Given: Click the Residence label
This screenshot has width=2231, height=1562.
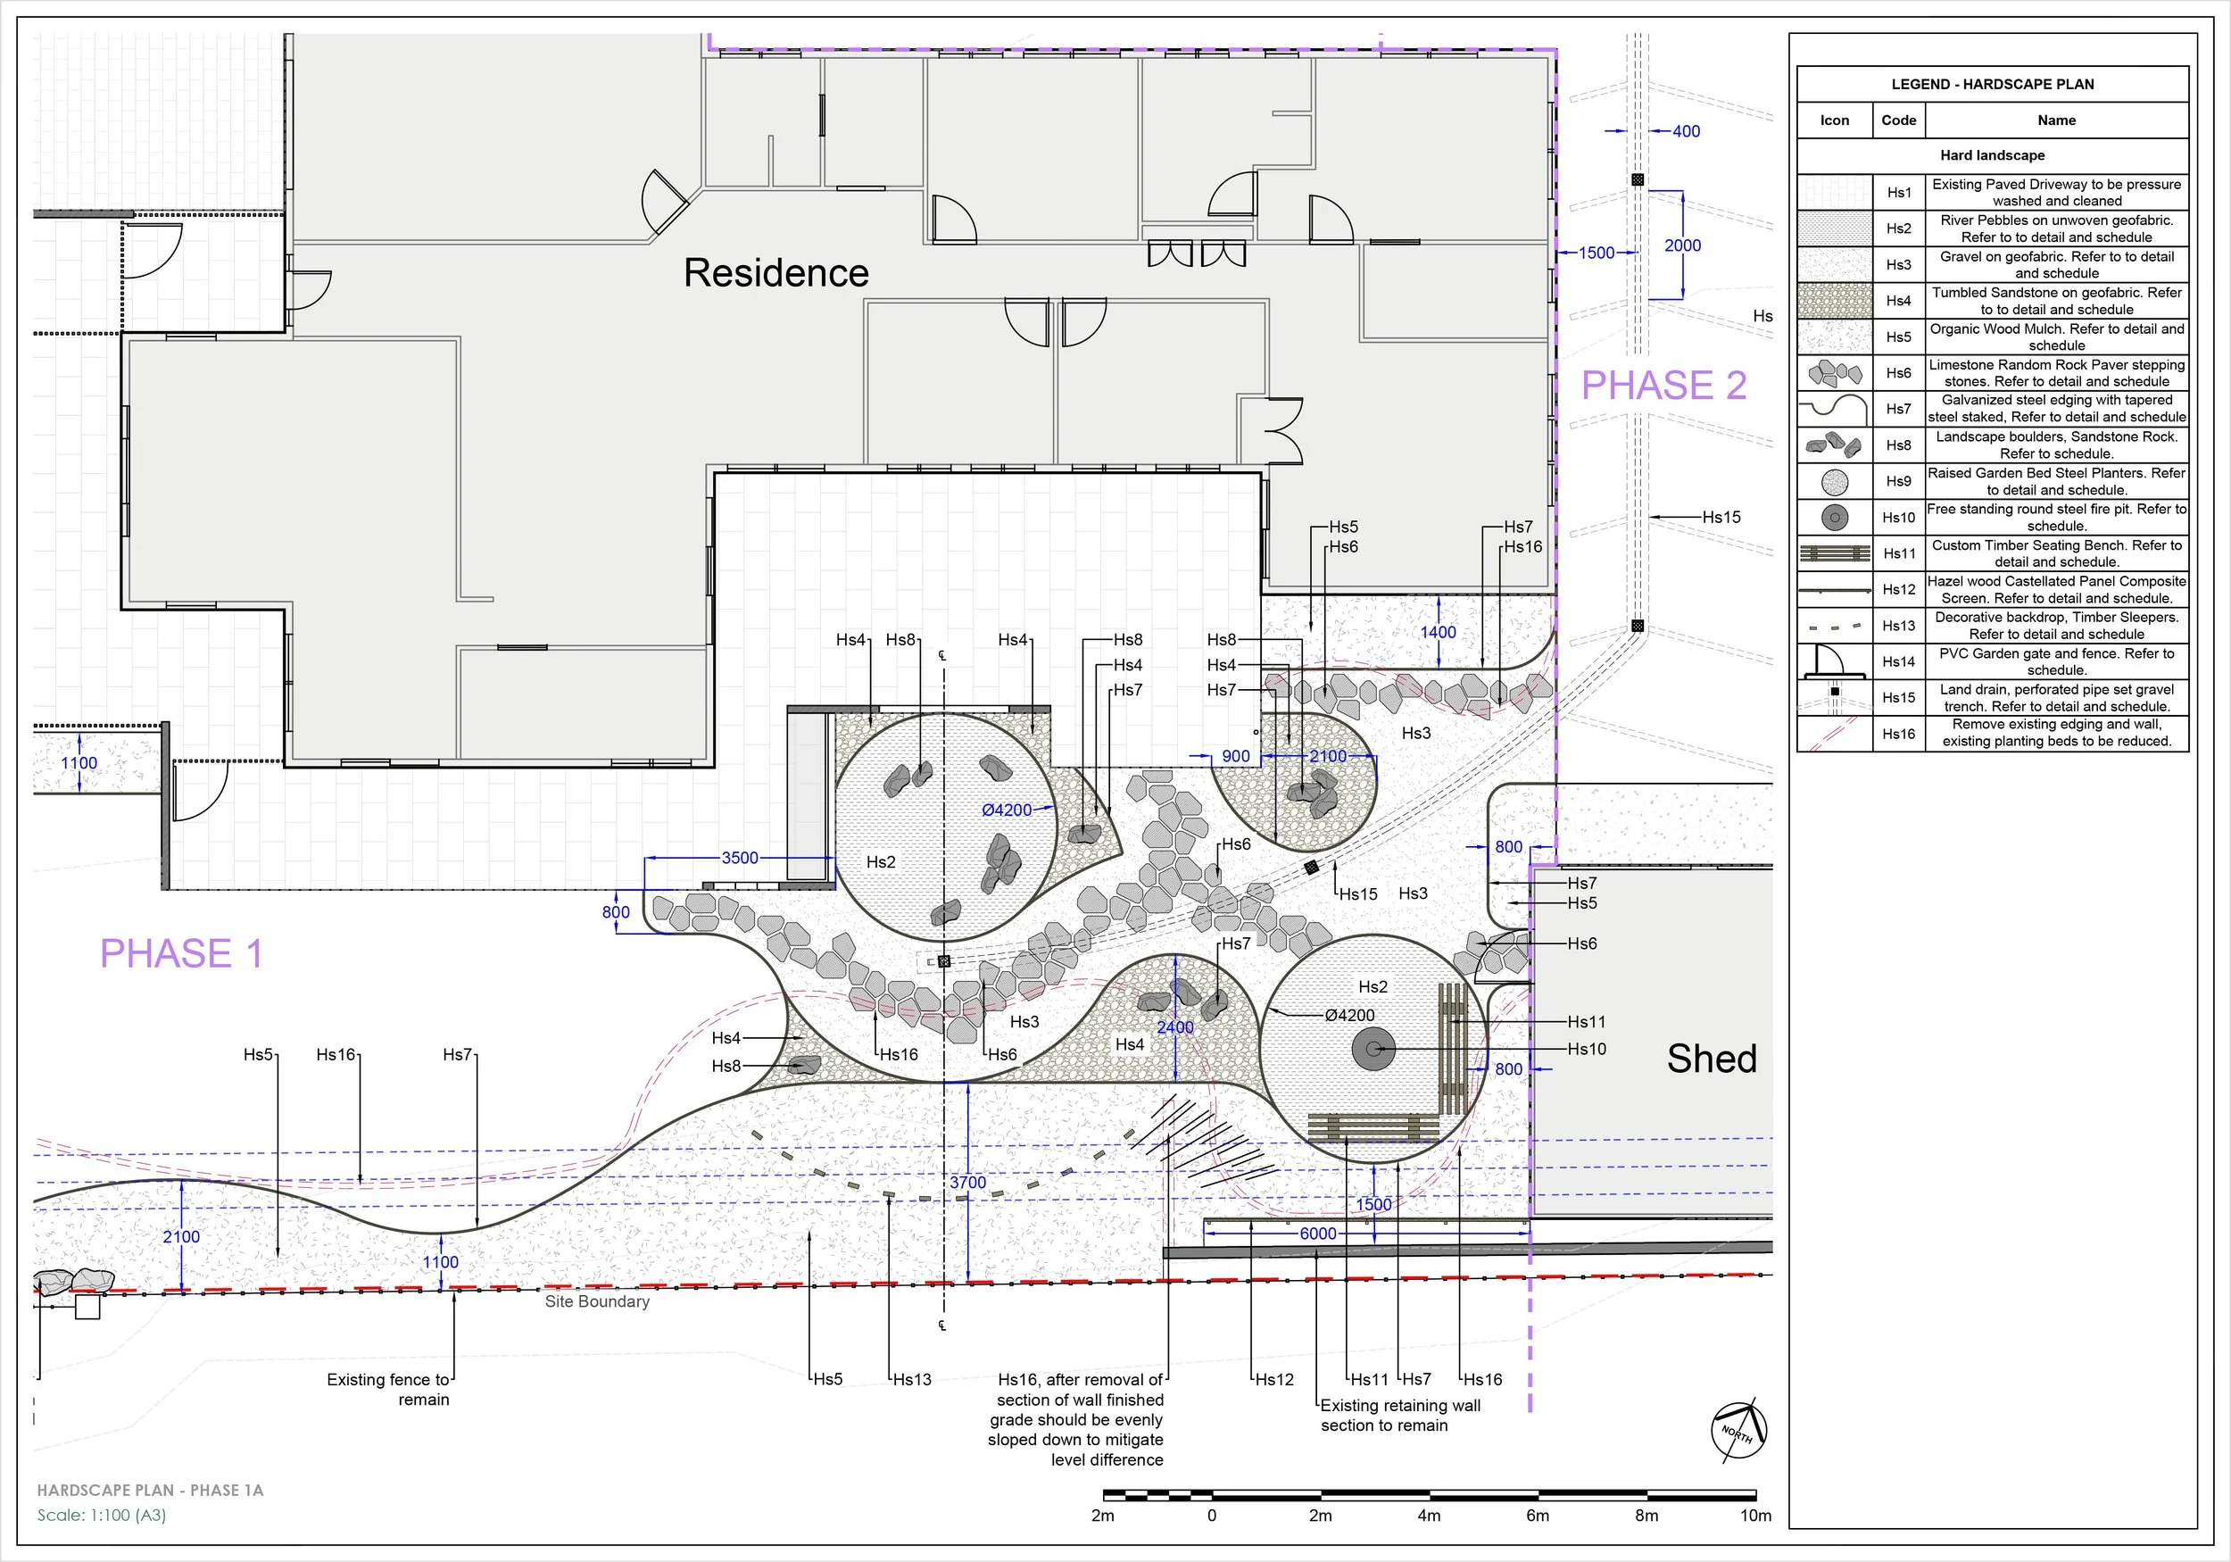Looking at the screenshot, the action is coord(776,273).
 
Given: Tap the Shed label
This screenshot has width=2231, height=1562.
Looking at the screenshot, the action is coord(1713,1059).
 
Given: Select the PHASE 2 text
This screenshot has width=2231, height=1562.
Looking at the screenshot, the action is coord(1663,386).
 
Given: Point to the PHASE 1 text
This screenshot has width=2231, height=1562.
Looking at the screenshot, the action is coord(182,953).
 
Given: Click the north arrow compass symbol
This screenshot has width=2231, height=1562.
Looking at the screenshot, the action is coord(1738,1430).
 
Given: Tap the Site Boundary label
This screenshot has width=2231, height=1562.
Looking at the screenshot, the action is coord(597,1301).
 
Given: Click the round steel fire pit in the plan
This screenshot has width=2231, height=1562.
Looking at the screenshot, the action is coord(1374,1050).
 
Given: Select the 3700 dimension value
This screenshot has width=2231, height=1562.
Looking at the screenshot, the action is coord(967,1182).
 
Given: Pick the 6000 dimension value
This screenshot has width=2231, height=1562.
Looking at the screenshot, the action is coord(1317,1234).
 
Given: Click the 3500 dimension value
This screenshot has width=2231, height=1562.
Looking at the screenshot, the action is coord(740,857).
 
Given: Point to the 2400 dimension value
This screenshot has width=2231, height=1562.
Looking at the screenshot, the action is coord(1174,1027).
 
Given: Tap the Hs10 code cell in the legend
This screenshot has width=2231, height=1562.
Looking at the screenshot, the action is coord(1899,517).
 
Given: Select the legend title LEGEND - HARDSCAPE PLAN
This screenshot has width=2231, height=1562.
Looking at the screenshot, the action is coord(1993,85).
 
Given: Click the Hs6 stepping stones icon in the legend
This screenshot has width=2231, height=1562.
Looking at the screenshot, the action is coord(1835,372).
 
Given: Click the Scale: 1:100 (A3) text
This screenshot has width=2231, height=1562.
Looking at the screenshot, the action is coord(102,1515).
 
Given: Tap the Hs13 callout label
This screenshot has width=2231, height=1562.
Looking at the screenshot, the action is coord(911,1379).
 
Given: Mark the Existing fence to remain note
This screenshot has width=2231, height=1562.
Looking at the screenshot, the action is coord(389,1390).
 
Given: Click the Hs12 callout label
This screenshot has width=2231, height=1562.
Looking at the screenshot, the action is coord(1273,1379).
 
